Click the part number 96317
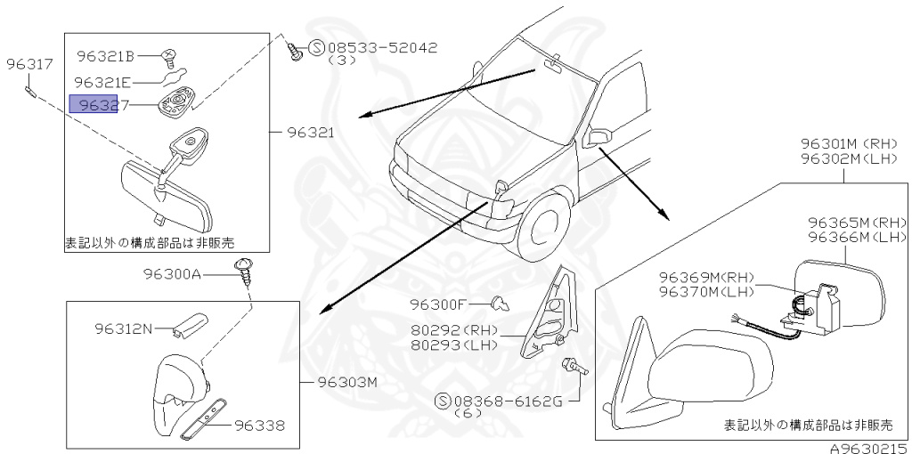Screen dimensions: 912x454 30,64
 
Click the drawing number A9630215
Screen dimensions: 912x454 868,446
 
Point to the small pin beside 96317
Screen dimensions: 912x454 32,87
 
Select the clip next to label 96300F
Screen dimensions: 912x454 501,304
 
